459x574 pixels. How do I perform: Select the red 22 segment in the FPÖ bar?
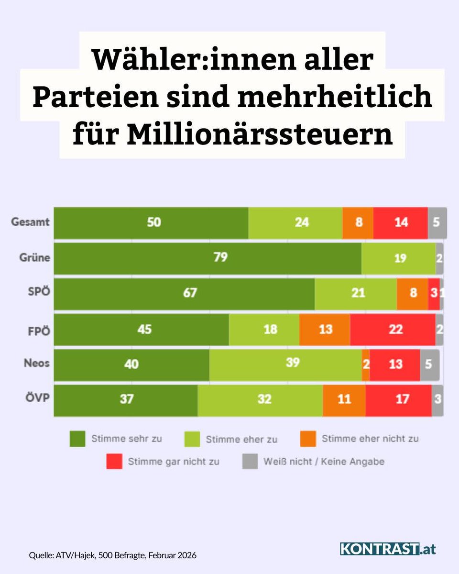coord(393,330)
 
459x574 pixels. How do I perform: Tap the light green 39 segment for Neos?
coord(285,364)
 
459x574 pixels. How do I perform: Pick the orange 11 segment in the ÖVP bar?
coord(344,400)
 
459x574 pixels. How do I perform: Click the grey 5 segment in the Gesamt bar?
coord(437,223)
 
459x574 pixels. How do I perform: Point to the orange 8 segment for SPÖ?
coord(412,293)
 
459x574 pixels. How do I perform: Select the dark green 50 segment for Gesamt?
coord(151,223)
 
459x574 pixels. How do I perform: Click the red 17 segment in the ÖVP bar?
coord(398,400)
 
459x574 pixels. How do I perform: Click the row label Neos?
coord(37,363)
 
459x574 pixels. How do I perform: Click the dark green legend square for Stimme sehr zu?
coord(77,438)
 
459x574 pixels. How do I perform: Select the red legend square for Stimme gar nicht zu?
coord(114,462)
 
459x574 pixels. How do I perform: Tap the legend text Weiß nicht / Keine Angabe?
coord(324,462)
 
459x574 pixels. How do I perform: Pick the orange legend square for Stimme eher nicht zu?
coord(308,438)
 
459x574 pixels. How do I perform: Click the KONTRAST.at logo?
coord(388,549)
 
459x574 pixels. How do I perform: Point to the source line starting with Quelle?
coord(112,555)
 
